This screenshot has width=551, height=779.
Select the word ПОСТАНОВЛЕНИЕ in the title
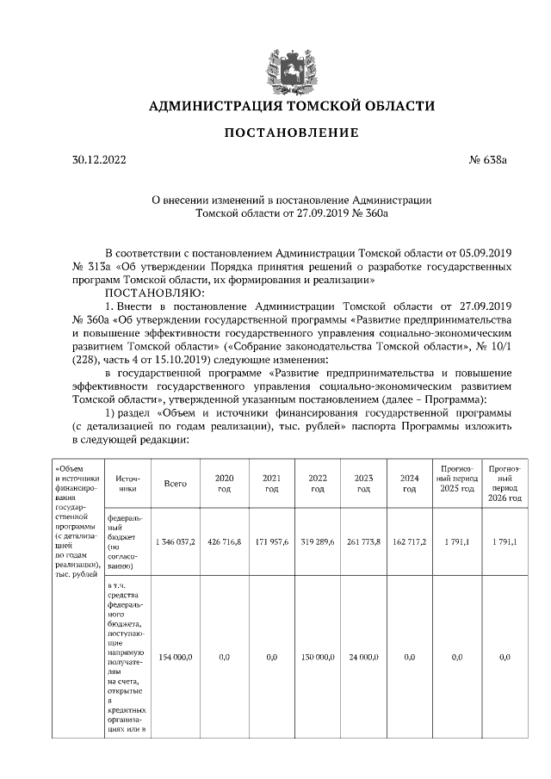tap(292, 133)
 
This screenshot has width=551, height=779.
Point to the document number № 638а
tap(488, 159)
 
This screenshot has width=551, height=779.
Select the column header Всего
tap(175, 483)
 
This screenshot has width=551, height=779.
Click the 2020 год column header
tap(224, 483)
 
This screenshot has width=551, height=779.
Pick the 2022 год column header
tap(317, 483)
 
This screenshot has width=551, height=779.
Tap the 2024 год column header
tap(410, 483)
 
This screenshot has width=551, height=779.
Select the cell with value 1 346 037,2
tap(175, 542)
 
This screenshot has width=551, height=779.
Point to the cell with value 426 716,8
tap(224, 542)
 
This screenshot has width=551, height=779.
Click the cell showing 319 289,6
tap(317, 542)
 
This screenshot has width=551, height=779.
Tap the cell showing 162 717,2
tap(410, 542)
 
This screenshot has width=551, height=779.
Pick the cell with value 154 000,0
tap(175, 657)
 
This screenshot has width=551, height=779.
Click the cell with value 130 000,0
tap(317, 657)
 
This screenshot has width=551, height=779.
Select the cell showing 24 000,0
tap(363, 657)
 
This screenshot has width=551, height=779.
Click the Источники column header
tap(127, 483)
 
